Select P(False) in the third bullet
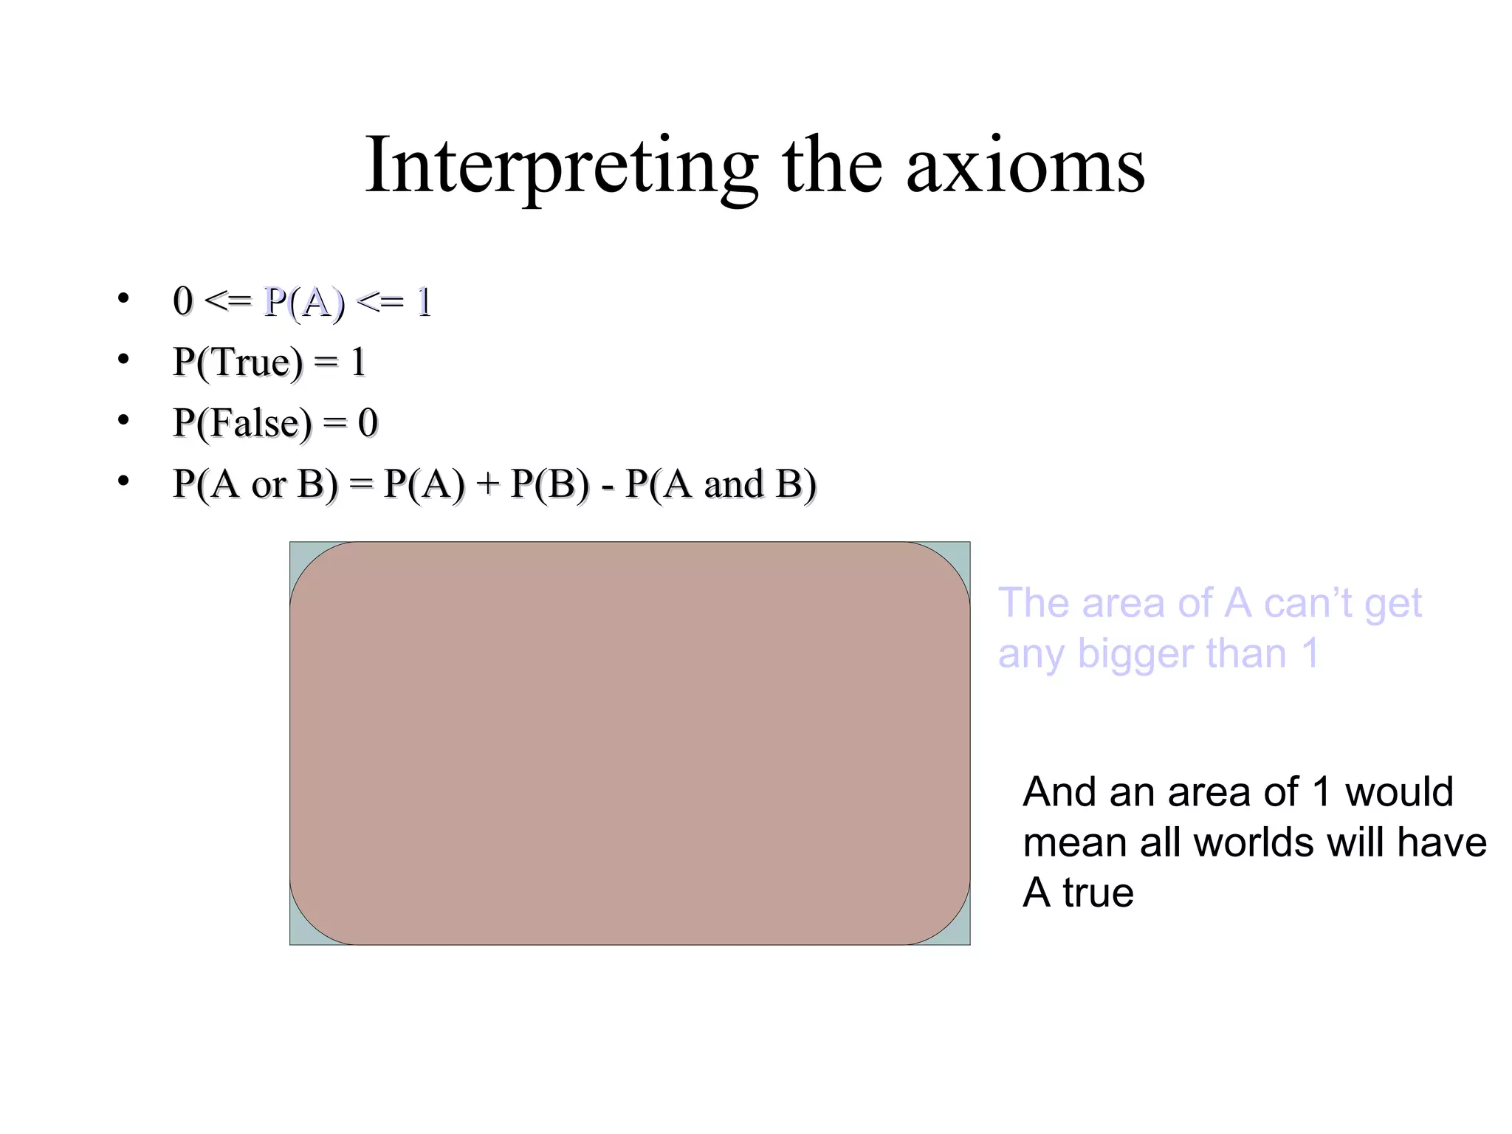(242, 423)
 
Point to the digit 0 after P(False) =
(368, 423)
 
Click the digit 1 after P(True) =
(359, 362)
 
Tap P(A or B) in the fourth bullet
(255, 484)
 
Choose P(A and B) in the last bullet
(721, 484)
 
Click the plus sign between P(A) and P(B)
(487, 484)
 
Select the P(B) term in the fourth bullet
(550, 484)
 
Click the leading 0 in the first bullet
(182, 301)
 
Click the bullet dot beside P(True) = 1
(123, 359)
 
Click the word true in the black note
(1098, 893)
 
